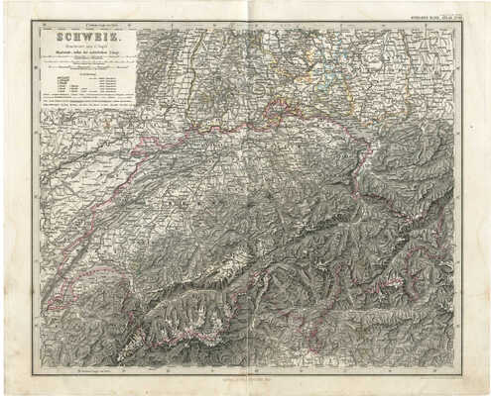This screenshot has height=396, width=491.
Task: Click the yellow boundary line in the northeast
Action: click(298, 99)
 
